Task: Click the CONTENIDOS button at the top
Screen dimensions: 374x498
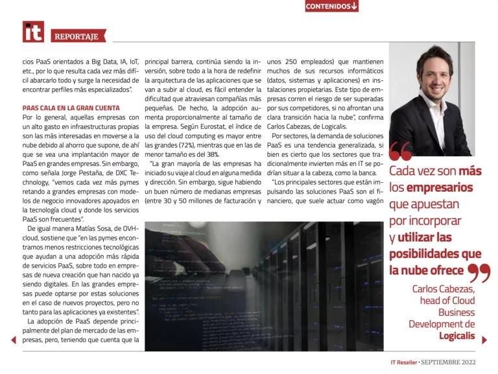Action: coord(331,6)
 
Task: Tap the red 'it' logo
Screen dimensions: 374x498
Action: coord(33,32)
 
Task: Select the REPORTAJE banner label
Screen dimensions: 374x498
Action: coord(77,36)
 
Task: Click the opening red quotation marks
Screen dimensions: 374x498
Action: coord(401,152)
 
